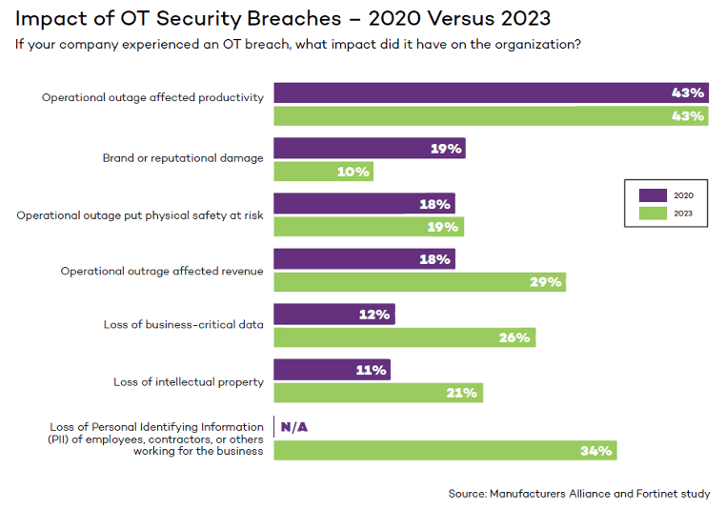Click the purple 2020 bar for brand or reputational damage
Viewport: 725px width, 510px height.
click(369, 148)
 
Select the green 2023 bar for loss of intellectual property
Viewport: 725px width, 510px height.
click(378, 393)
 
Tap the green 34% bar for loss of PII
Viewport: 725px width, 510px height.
click(445, 450)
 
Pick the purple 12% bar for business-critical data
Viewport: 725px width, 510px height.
click(333, 314)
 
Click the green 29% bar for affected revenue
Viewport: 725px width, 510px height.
click(419, 282)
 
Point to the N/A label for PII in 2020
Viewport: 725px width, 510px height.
click(294, 426)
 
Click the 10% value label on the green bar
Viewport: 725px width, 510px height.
click(352, 172)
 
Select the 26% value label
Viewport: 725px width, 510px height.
click(514, 337)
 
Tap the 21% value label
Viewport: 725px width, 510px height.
click(462, 393)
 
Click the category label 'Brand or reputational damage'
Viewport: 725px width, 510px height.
click(183, 158)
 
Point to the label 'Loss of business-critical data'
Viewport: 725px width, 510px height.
click(183, 325)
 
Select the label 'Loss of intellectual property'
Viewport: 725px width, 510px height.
click(188, 382)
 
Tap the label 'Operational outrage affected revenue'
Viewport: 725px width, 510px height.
click(162, 271)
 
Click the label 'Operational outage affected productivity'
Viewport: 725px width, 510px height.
click(152, 97)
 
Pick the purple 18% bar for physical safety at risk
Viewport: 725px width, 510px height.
click(364, 203)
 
